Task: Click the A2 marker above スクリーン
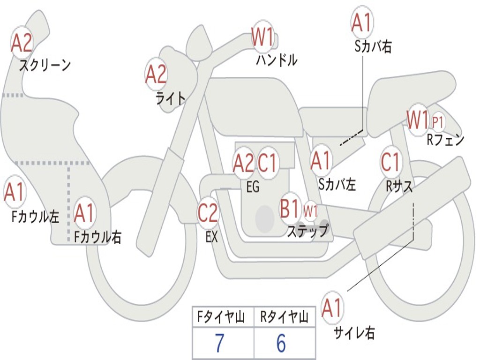[22, 43]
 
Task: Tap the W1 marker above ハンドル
[262, 36]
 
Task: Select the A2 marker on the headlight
[156, 75]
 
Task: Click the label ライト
[171, 98]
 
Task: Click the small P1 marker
[438, 122]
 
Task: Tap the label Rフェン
[445, 140]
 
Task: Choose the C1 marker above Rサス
[390, 162]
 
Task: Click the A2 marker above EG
[244, 163]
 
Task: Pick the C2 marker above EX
[208, 212]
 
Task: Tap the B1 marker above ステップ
[290, 208]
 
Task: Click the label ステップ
[308, 230]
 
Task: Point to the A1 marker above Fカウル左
[15, 192]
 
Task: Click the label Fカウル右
[97, 237]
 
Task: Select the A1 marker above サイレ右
[332, 307]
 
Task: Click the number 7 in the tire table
[219, 343]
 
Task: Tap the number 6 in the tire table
[281, 343]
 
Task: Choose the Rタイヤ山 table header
[285, 316]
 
